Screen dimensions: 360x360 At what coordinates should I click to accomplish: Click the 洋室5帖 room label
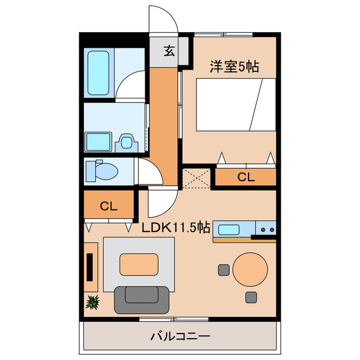pyautogui.click(x=235, y=66)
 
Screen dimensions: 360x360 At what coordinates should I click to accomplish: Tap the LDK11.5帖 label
pyautogui.click(x=175, y=228)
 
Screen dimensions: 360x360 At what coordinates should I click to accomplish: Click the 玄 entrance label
pyautogui.click(x=168, y=51)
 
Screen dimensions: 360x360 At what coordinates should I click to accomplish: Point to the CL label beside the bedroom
pyautogui.click(x=246, y=177)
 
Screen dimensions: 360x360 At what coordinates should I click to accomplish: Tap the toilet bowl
pyautogui.click(x=101, y=170)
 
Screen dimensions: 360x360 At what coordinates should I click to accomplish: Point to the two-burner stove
pyautogui.click(x=266, y=229)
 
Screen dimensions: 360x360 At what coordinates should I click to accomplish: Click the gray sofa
pyautogui.click(x=141, y=298)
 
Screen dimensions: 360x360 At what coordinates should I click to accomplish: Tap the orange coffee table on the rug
pyautogui.click(x=139, y=264)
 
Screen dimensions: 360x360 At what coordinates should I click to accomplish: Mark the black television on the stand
pyautogui.click(x=89, y=267)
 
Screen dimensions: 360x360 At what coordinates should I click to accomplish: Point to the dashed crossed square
pyautogui.click(x=196, y=177)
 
